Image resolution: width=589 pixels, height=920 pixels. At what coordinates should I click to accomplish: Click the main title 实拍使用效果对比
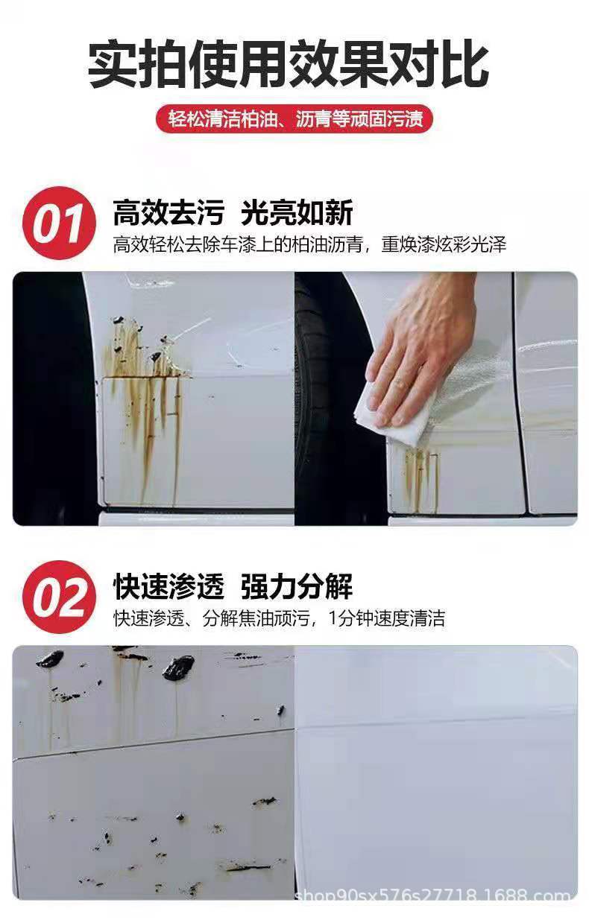coord(289,65)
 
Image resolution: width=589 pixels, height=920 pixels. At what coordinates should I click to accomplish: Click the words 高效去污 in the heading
coord(168,214)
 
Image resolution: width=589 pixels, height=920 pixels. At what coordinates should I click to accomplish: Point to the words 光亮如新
coord(297,214)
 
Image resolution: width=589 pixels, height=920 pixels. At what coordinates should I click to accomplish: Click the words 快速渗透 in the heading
coord(168,587)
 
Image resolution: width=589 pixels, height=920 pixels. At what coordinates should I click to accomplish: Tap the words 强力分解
coord(297,587)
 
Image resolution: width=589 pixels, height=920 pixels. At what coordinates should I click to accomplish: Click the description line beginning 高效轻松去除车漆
coord(309,244)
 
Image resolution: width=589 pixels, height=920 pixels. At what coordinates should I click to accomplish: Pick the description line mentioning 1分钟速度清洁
coord(279,618)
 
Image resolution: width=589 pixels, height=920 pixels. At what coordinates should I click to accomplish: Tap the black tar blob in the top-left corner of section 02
coord(51,659)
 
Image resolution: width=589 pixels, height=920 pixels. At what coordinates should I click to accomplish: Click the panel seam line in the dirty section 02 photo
coord(149,743)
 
